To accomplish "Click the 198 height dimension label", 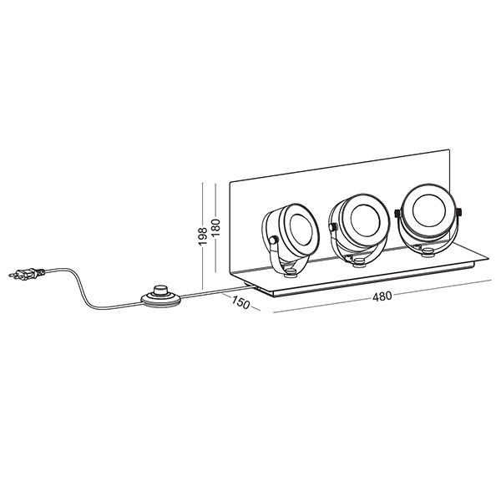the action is pos(203,236).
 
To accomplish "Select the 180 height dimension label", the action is pos(216,227).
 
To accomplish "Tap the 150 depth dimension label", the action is pos(240,302).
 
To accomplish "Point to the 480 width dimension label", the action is pos(382,296).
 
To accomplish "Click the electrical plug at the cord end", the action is pos(27,274).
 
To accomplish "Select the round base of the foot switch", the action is pos(160,301).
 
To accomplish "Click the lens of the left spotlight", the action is pos(301,230).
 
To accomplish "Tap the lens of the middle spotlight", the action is pos(365,220).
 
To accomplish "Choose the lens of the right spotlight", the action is pos(429,210).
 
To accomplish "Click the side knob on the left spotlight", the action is pos(273,240).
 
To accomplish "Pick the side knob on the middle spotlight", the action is pos(333,227).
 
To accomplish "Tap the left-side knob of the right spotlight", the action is pos(397,213).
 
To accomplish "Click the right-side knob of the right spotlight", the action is pos(458,212).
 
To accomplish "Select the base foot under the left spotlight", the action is pos(291,271).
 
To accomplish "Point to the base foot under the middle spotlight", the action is pos(359,262).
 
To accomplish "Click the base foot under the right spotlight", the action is pos(428,253).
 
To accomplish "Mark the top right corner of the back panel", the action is pos(449,149).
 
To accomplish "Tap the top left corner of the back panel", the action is pos(230,182).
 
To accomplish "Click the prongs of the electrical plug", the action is pos(13,274).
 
